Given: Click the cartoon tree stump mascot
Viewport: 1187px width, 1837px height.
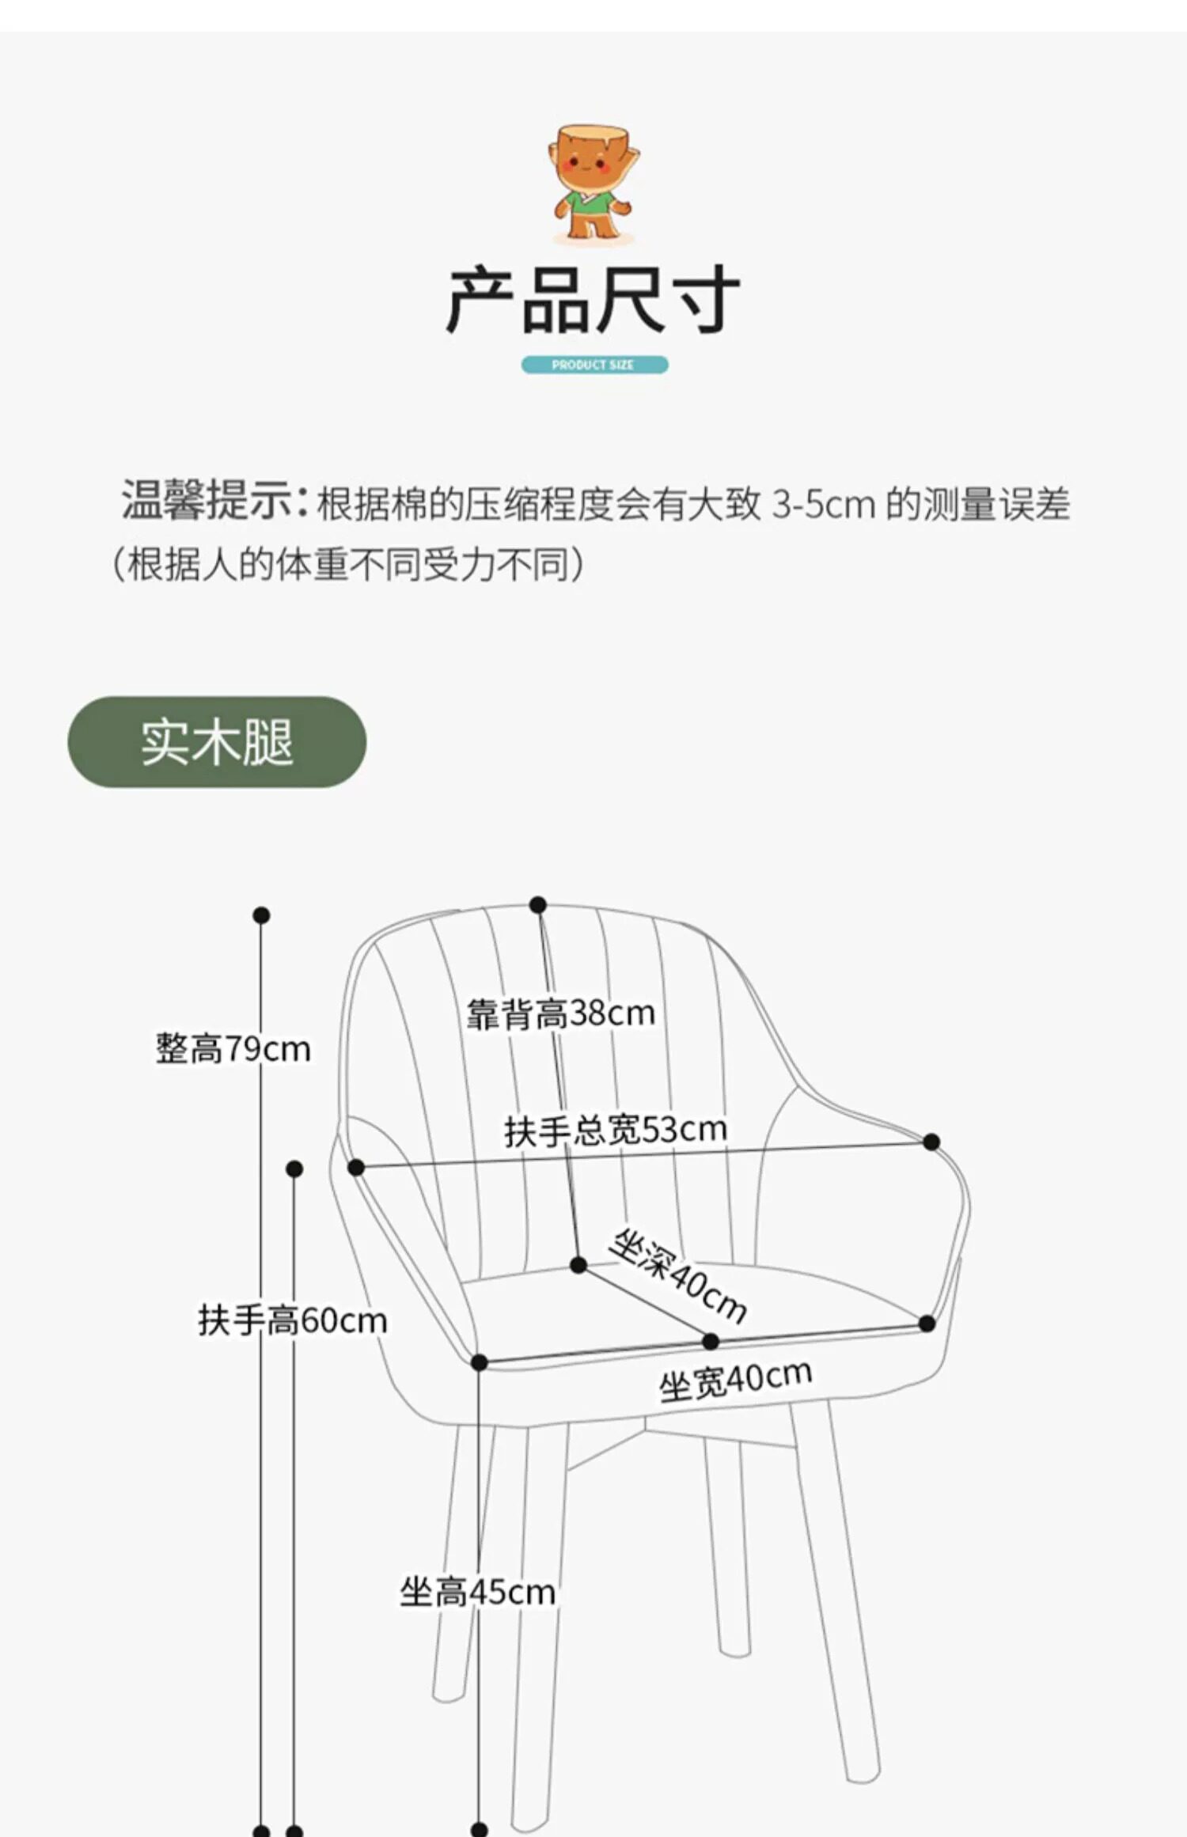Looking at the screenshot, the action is (x=593, y=184).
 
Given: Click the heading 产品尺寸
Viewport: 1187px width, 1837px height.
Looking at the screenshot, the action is (x=593, y=301).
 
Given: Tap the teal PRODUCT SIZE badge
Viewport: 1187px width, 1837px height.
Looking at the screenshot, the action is (x=593, y=365).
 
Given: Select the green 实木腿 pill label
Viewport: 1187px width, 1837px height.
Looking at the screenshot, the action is (x=217, y=742).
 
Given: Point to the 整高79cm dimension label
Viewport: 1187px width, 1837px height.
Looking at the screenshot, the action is (x=233, y=1049).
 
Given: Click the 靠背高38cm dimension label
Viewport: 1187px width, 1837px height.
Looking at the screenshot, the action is (x=560, y=1013).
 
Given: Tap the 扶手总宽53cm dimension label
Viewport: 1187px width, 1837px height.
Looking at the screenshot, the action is (x=616, y=1130).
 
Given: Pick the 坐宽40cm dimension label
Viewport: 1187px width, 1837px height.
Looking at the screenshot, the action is (x=736, y=1381).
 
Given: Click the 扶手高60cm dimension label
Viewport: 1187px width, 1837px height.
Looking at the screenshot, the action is (x=292, y=1320).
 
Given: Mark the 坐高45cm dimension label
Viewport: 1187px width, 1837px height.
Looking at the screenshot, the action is (x=477, y=1591).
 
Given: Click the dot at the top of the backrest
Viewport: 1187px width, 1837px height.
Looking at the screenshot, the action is (x=538, y=904).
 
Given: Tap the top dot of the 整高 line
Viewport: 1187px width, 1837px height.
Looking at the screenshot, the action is (x=262, y=915).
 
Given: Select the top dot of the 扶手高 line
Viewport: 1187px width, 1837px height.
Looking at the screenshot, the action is (x=294, y=1168).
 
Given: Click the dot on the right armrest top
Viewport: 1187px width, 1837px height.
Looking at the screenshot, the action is (x=931, y=1142).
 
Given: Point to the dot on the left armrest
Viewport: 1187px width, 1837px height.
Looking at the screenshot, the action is (x=356, y=1167).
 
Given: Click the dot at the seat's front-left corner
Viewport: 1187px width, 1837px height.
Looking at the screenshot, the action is (x=479, y=1362).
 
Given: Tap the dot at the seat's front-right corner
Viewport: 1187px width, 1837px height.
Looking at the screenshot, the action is (x=927, y=1323).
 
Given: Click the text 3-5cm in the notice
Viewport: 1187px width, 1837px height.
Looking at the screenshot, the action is (x=824, y=504).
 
